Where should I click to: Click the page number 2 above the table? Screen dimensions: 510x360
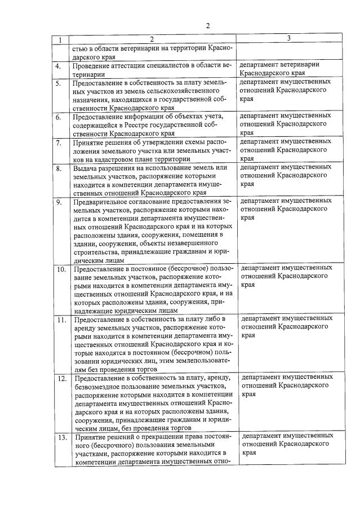[x=207, y=26]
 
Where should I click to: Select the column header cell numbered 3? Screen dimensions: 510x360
[x=289, y=38]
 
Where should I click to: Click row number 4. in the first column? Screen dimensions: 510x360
[x=59, y=66]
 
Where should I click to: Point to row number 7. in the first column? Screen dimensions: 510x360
[x=59, y=143]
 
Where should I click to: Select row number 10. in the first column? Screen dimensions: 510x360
[x=61, y=269]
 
